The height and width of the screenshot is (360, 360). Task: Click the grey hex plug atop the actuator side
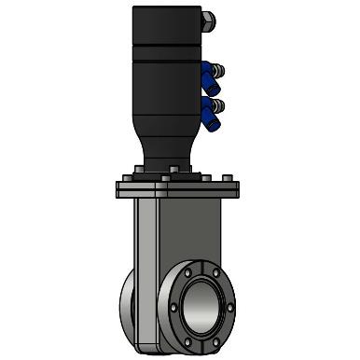pyautogui.click(x=209, y=19)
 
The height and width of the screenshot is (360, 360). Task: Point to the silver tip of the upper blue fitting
pyautogui.click(x=219, y=69)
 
